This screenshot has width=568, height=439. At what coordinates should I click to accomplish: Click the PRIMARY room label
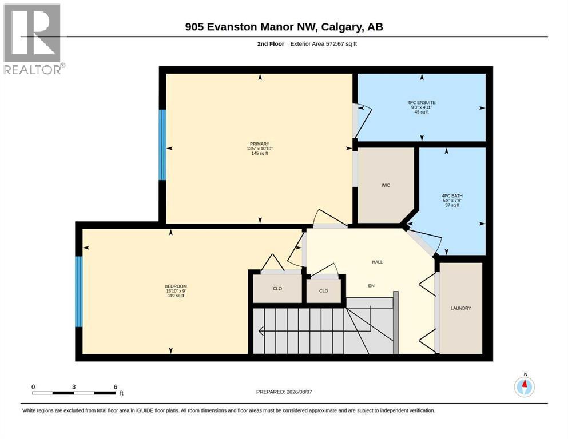coord(259,143)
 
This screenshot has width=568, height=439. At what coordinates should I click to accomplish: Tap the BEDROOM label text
coord(176,286)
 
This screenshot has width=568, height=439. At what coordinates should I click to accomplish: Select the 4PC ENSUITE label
coord(422,103)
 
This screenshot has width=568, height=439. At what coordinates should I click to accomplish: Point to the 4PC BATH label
coord(452,196)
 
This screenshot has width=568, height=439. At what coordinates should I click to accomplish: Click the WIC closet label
coord(386,185)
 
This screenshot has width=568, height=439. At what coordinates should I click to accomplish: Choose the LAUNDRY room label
coord(461,308)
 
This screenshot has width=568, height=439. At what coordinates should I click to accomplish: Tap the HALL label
coord(377,262)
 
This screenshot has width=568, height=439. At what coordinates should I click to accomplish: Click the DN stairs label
coord(371,286)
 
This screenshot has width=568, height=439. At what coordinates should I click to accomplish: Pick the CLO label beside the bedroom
coord(277,289)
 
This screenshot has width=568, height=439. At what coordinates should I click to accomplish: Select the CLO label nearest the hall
coord(324,291)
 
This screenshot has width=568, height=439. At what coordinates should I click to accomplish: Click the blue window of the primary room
coord(162,145)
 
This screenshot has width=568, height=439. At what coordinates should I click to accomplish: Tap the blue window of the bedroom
coord(78,292)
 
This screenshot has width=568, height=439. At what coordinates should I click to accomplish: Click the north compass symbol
coord(524,387)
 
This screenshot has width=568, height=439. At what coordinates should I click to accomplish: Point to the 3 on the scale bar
coord(74,387)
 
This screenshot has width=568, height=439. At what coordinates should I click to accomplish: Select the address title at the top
coord(284,27)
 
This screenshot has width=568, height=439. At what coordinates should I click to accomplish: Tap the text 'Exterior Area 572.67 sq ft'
coord(324,44)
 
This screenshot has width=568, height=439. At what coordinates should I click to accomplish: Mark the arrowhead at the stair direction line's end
coord(260,330)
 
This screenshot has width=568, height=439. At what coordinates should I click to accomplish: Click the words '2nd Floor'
coord(271,44)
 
